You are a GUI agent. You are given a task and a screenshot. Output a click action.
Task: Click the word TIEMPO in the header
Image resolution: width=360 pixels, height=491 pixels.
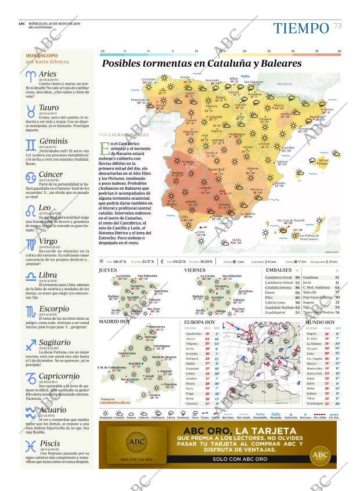[301, 28]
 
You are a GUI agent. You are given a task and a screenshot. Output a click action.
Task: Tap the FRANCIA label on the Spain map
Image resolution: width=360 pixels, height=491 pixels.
[284, 84]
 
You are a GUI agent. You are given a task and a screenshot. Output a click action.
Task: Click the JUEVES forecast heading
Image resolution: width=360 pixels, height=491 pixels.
[107, 270]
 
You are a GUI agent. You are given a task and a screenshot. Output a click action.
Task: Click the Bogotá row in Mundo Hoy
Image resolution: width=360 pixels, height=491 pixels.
[312, 334]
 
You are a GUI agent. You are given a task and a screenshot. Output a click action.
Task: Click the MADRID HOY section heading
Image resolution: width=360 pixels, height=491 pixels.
[114, 321]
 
